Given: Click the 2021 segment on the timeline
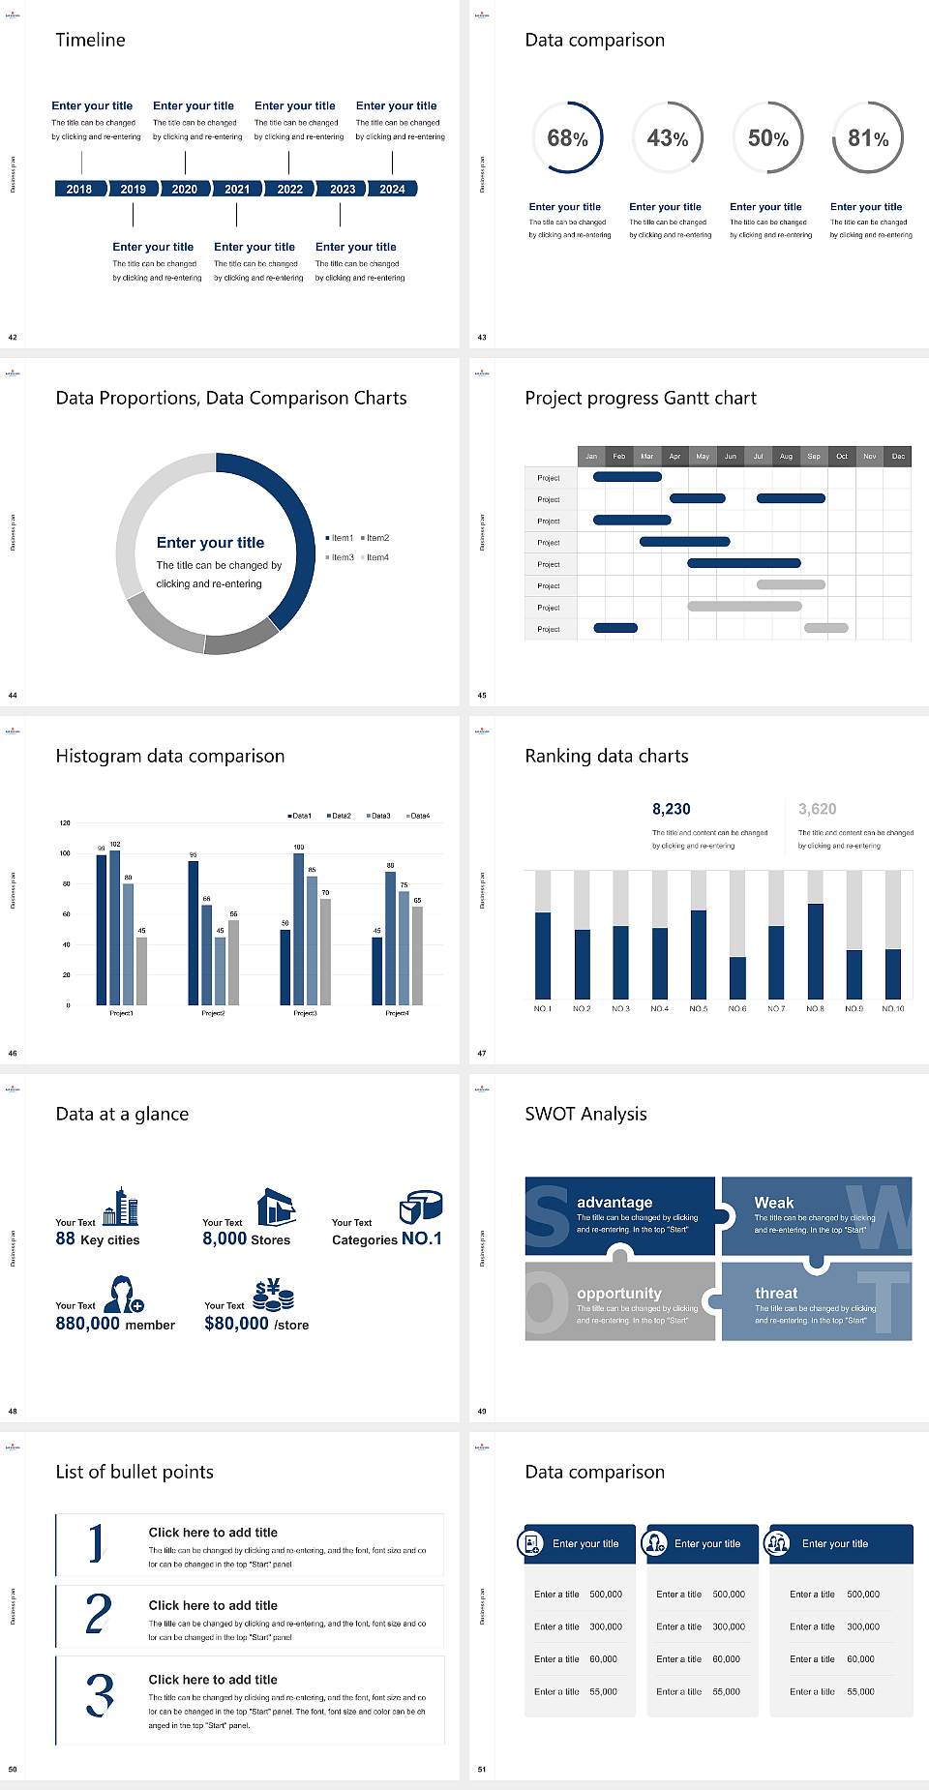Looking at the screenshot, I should (237, 189).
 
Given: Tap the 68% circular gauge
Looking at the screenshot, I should (567, 137).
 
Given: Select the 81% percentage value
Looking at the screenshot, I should (868, 138).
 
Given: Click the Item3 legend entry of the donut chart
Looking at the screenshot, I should (341, 557).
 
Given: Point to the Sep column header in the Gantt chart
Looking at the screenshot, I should (814, 456).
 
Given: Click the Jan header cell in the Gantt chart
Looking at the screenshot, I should (591, 456).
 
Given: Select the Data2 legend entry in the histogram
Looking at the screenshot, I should (339, 816).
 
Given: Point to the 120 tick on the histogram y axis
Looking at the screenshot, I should (65, 822).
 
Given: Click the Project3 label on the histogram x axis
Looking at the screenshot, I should (305, 1013).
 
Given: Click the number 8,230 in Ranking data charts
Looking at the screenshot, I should (672, 809).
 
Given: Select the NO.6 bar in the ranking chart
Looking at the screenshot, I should (737, 977).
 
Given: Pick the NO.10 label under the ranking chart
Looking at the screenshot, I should (892, 1008).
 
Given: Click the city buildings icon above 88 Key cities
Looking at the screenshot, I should (121, 1207).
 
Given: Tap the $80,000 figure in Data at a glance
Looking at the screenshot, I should (236, 1324).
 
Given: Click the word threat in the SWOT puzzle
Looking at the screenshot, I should (776, 1293).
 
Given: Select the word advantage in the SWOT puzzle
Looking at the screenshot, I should (614, 1202).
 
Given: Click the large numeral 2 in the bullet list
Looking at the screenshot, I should (98, 1614).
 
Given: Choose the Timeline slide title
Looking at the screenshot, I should (90, 40).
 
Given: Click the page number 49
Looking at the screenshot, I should (482, 1411).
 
